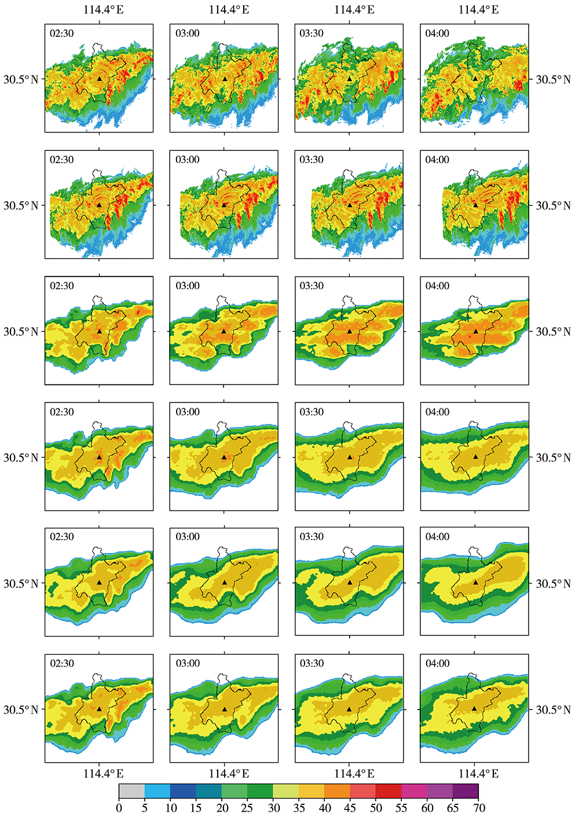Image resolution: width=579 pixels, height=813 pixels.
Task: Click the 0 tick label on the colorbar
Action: (119, 808)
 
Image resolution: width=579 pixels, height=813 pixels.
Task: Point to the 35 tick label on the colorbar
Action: (299, 808)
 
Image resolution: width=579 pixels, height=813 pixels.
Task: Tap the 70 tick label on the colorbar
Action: (479, 808)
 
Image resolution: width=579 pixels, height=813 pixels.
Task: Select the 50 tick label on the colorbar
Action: (376, 808)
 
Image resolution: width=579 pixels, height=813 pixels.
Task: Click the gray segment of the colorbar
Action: (131, 791)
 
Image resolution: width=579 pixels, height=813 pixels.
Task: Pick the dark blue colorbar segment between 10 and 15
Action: (183, 791)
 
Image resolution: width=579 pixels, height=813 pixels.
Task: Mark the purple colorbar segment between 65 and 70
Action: (466, 791)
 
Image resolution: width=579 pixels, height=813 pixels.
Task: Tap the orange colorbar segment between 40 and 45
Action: (337, 791)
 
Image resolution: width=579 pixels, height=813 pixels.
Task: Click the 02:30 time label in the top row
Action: (62, 34)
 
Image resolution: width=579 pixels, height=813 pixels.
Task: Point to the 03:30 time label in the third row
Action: (312, 286)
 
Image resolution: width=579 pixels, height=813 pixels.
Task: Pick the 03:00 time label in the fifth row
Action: (188, 537)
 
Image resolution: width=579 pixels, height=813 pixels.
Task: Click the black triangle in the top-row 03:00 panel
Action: (225, 78)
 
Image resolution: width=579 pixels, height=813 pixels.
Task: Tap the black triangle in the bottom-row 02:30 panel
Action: (100, 708)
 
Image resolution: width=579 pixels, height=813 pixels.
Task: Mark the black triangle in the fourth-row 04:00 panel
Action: (475, 456)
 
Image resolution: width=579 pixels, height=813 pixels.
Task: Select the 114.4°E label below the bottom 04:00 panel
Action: (479, 774)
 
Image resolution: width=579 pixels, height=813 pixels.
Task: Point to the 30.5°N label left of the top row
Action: (21, 79)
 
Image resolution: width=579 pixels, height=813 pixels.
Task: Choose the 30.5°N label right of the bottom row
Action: (553, 709)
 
